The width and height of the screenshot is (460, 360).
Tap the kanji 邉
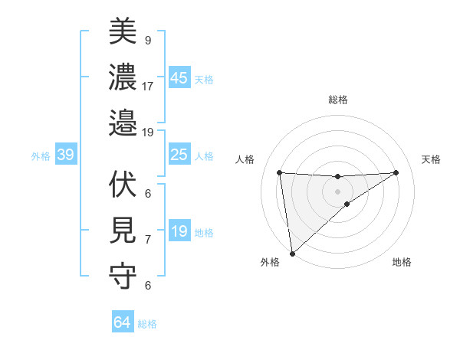(123, 122)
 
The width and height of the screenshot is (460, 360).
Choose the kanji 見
(123, 231)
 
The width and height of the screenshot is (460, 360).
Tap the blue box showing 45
(179, 78)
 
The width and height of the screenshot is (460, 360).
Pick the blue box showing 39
(65, 155)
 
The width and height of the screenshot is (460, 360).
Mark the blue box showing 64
(122, 322)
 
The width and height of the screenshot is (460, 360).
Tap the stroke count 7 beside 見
(147, 239)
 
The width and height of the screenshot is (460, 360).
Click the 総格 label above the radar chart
(337, 100)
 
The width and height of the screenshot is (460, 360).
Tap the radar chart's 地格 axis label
(402, 262)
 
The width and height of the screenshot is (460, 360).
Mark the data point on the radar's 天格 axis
(396, 172)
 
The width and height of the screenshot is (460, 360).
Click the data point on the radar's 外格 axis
(292, 253)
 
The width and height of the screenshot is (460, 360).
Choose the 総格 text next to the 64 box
(147, 324)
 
